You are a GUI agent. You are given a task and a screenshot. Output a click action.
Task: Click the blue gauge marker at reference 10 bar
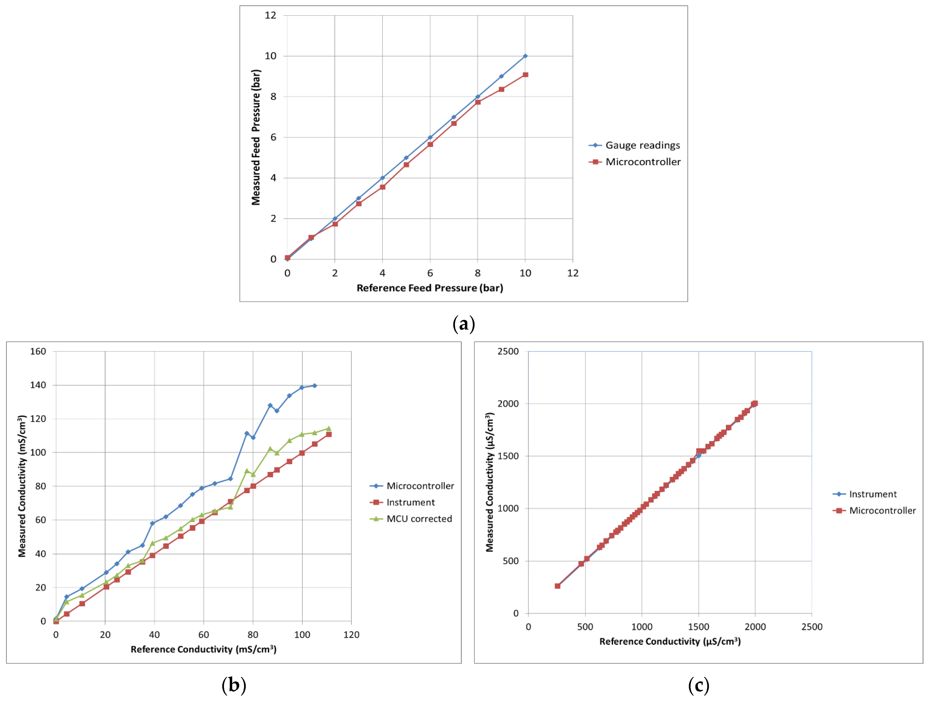coord(525,56)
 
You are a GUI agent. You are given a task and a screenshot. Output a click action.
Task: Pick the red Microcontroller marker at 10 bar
coord(525,75)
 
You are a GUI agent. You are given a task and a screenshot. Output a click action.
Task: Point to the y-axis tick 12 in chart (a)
coord(270,15)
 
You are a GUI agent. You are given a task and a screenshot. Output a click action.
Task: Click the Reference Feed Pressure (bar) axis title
coord(430,288)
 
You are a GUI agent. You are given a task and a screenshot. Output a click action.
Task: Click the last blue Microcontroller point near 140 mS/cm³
coord(315,386)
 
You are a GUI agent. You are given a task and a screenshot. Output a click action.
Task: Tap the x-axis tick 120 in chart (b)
coord(351,635)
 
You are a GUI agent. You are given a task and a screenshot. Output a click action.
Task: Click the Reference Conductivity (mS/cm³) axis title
coord(203,649)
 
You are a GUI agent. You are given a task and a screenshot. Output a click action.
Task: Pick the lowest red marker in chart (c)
coord(558,586)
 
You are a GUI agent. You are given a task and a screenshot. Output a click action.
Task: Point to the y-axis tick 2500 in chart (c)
coord(508,352)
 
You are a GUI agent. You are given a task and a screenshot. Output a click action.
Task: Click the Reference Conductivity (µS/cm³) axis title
coord(670,641)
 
